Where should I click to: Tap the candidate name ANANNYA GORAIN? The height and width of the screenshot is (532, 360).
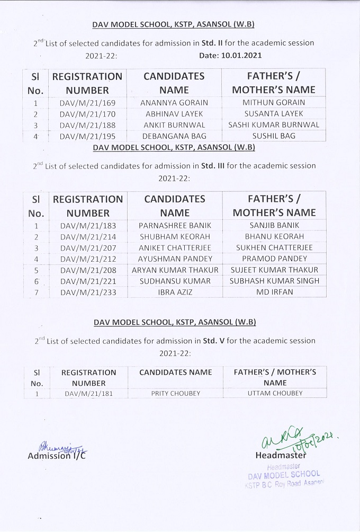tap(174, 103)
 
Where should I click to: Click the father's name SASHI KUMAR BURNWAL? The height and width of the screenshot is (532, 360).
tap(274, 125)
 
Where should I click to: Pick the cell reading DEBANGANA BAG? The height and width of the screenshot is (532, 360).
tap(174, 136)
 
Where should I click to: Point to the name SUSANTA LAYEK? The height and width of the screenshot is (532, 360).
tap(274, 114)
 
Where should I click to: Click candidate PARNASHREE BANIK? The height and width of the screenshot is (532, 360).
tap(174, 225)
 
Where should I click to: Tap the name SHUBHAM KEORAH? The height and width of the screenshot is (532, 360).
tap(174, 236)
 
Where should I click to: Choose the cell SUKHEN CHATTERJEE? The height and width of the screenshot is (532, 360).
tap(274, 247)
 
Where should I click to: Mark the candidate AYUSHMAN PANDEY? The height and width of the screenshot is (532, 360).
tap(174, 259)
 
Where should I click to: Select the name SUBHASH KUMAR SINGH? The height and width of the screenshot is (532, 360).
tap(274, 281)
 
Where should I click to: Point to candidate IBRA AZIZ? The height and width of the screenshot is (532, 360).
tap(174, 292)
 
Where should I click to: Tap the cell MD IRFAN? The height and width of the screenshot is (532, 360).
tap(274, 292)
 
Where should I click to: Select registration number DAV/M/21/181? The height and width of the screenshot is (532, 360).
tap(89, 394)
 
